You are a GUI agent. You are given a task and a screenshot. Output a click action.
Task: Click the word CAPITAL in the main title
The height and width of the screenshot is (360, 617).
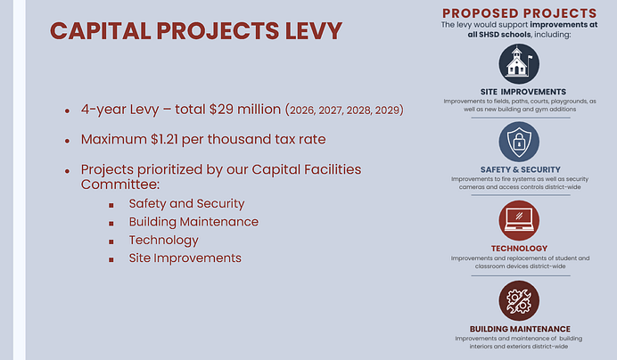pyautogui.click(x=99, y=30)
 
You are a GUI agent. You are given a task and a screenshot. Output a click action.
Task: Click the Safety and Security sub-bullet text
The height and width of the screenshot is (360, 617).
pyautogui.click(x=174, y=204)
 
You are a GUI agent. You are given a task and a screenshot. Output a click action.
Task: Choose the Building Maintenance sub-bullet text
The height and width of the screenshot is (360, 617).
pyautogui.click(x=193, y=222)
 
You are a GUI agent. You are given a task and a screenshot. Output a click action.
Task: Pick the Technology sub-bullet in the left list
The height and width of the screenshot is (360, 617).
pyautogui.click(x=163, y=240)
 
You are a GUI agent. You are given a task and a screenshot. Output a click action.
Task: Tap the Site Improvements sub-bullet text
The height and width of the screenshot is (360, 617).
pyautogui.click(x=185, y=258)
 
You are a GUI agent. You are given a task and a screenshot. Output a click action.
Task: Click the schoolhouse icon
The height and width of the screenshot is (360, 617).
pyautogui.click(x=519, y=64)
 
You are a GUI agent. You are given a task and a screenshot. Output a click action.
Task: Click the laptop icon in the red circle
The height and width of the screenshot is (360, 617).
pyautogui.click(x=519, y=221)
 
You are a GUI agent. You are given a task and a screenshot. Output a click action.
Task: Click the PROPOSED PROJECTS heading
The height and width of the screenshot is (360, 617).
pyautogui.click(x=519, y=12)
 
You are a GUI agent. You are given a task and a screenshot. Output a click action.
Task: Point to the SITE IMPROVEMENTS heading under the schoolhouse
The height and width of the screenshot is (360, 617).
pyautogui.click(x=519, y=92)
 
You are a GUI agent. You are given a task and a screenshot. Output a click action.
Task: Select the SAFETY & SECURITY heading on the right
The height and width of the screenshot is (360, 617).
pyautogui.click(x=519, y=169)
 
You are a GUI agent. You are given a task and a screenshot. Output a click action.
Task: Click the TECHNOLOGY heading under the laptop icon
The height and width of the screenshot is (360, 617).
pyautogui.click(x=519, y=248)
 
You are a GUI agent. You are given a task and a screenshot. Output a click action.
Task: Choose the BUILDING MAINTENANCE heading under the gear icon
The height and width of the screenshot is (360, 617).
pyautogui.click(x=519, y=328)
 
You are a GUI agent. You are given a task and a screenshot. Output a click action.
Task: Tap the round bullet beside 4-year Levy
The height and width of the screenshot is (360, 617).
pyautogui.click(x=67, y=111)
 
